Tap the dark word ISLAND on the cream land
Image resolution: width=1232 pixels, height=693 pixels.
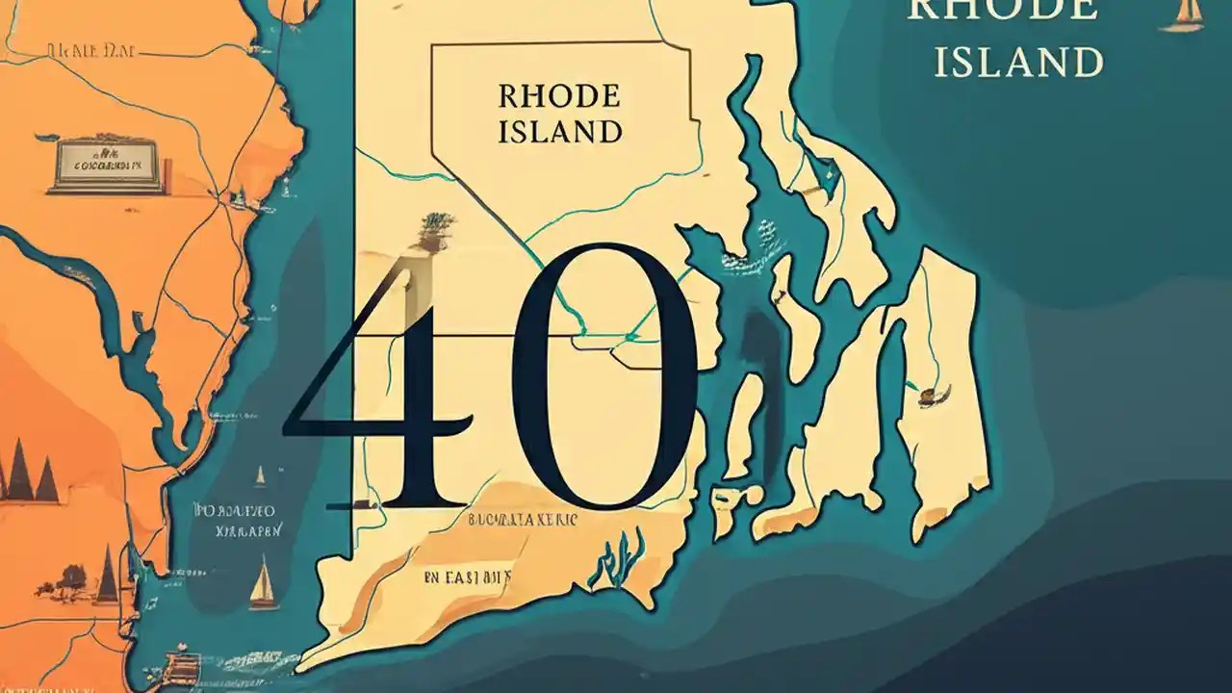559,131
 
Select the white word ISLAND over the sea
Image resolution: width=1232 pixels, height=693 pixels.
1018,63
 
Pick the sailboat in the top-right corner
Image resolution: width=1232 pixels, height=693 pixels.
1183,13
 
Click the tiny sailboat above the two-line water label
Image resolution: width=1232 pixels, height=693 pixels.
260,475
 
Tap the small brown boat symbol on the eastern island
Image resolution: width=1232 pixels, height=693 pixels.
932,394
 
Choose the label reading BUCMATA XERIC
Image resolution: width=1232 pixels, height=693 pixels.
522,521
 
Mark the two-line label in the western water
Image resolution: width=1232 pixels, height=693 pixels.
236,519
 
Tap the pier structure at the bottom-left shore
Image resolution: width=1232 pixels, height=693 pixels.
179,662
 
